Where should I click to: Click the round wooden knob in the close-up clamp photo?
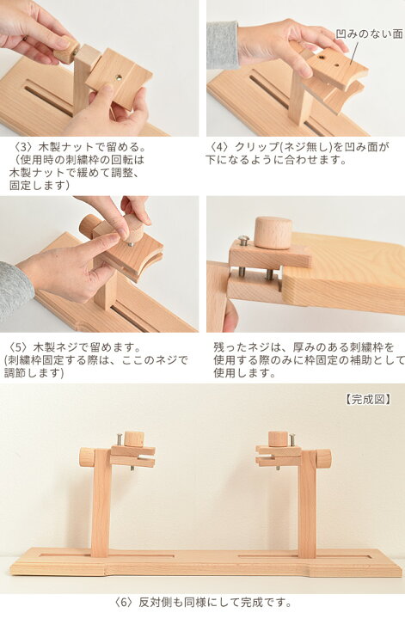point(273,232)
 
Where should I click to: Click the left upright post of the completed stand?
point(101,507)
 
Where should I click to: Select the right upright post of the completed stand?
point(307,507)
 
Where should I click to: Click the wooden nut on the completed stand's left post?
point(86,457)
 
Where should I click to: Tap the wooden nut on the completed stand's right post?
point(323,458)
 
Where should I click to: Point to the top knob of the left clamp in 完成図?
point(133,438)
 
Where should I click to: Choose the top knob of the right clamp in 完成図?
point(277,438)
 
